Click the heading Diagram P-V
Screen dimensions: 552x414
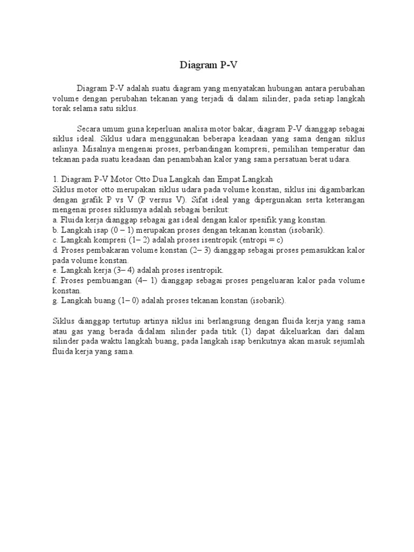coord(208,66)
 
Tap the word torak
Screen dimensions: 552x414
coord(62,108)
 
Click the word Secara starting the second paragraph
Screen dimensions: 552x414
coord(89,129)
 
